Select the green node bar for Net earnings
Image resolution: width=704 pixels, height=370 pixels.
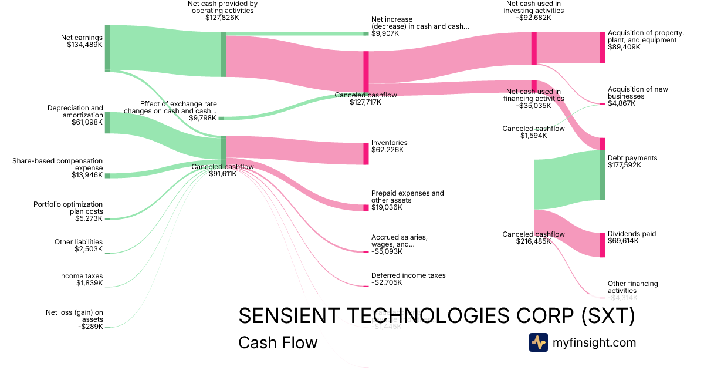point(107,48)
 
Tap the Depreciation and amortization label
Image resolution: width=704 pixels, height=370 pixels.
point(75,112)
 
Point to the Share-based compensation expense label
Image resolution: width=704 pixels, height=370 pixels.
point(57,164)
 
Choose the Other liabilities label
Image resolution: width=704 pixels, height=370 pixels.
point(79,242)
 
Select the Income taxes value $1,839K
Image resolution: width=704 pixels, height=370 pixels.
point(89,283)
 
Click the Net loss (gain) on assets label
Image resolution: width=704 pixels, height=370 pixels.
point(75,316)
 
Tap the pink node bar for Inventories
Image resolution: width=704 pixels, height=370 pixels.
point(366,153)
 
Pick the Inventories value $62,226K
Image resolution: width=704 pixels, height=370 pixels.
point(387,150)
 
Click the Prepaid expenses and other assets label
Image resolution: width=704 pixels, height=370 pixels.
point(407,197)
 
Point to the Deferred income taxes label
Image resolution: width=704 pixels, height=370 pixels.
point(408,275)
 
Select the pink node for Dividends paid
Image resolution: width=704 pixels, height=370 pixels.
point(603,245)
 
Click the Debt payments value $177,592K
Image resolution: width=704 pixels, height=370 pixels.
point(624,165)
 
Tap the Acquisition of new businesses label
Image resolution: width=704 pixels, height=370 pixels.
point(638,93)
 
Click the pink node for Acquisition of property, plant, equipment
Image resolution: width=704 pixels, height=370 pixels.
point(603,48)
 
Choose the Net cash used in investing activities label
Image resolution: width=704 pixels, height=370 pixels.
point(534,7)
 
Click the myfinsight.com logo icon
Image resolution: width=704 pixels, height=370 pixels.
point(538,342)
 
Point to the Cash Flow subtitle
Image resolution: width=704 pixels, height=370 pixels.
point(277,342)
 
